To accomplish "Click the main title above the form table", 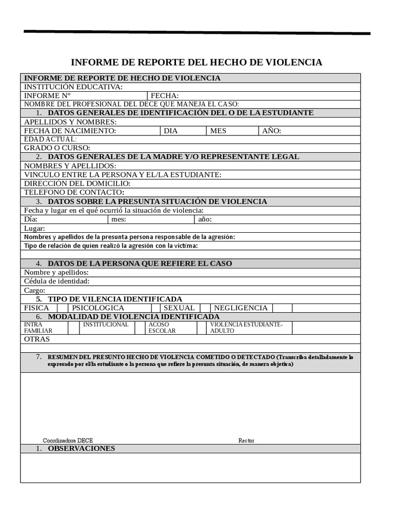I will coord(196,63).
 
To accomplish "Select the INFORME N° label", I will coord(47,95).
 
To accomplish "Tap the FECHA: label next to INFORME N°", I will coord(165,95).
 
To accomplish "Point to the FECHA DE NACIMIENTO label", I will coord(70,131).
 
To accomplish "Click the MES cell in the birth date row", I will coord(218,131).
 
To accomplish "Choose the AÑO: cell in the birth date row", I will coord(271,131).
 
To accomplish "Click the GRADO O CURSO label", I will coord(57,148).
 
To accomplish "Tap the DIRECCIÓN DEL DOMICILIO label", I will coord(77,183).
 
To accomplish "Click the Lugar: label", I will coord(34,228).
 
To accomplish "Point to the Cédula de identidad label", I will coord(57,281).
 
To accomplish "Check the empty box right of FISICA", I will coord(62,308).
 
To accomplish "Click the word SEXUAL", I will coord(179,308).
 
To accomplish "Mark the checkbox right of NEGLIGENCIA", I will coord(282,308).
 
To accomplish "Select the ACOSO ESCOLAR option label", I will coord(162,328).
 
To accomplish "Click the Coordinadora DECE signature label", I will coord(68,440).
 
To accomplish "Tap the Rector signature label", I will coord(246,440).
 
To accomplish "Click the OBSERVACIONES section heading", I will coord(81,449).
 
